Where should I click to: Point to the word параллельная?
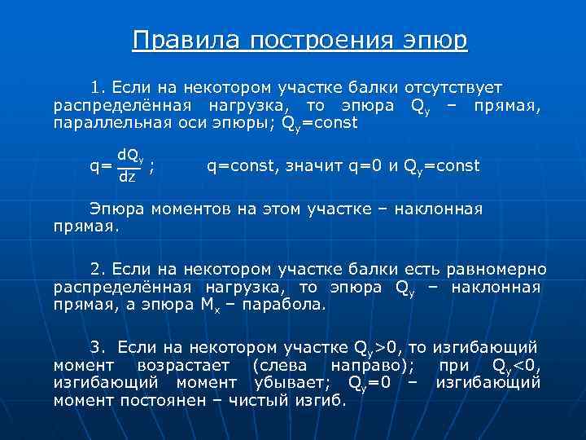click(111, 124)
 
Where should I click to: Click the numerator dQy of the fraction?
click(131, 156)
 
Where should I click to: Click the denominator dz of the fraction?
click(128, 176)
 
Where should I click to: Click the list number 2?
click(97, 269)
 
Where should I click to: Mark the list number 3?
click(97, 346)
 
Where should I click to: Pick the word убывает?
click(291, 382)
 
